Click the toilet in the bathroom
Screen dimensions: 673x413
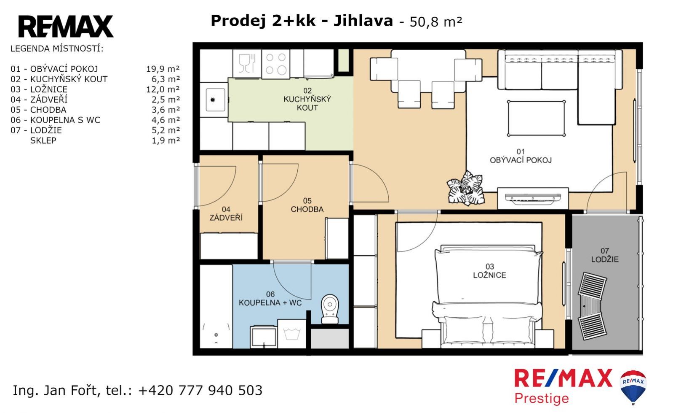coord(330,309)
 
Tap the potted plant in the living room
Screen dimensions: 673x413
coord(465,188)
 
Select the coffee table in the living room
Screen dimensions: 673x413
coord(536,118)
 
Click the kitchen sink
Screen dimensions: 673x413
coord(216,100)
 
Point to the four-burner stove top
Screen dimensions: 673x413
coord(275,64)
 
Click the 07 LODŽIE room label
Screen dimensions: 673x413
coord(605,255)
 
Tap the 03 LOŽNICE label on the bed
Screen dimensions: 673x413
coord(489,270)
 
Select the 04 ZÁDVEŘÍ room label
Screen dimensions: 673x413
coord(226,213)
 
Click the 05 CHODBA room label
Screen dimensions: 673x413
coord(307,205)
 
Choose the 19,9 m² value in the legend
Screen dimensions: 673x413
coord(163,69)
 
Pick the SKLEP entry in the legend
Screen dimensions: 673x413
coord(43,140)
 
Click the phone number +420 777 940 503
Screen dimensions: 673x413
coord(200,390)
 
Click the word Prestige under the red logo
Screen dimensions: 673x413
coord(542,399)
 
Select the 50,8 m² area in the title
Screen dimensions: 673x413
coord(435,22)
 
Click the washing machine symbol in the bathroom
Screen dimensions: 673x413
coord(291,334)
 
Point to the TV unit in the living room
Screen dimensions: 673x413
coord(533,198)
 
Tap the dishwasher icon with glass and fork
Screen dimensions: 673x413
coord(247,64)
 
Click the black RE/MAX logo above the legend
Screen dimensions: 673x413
coord(66,27)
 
